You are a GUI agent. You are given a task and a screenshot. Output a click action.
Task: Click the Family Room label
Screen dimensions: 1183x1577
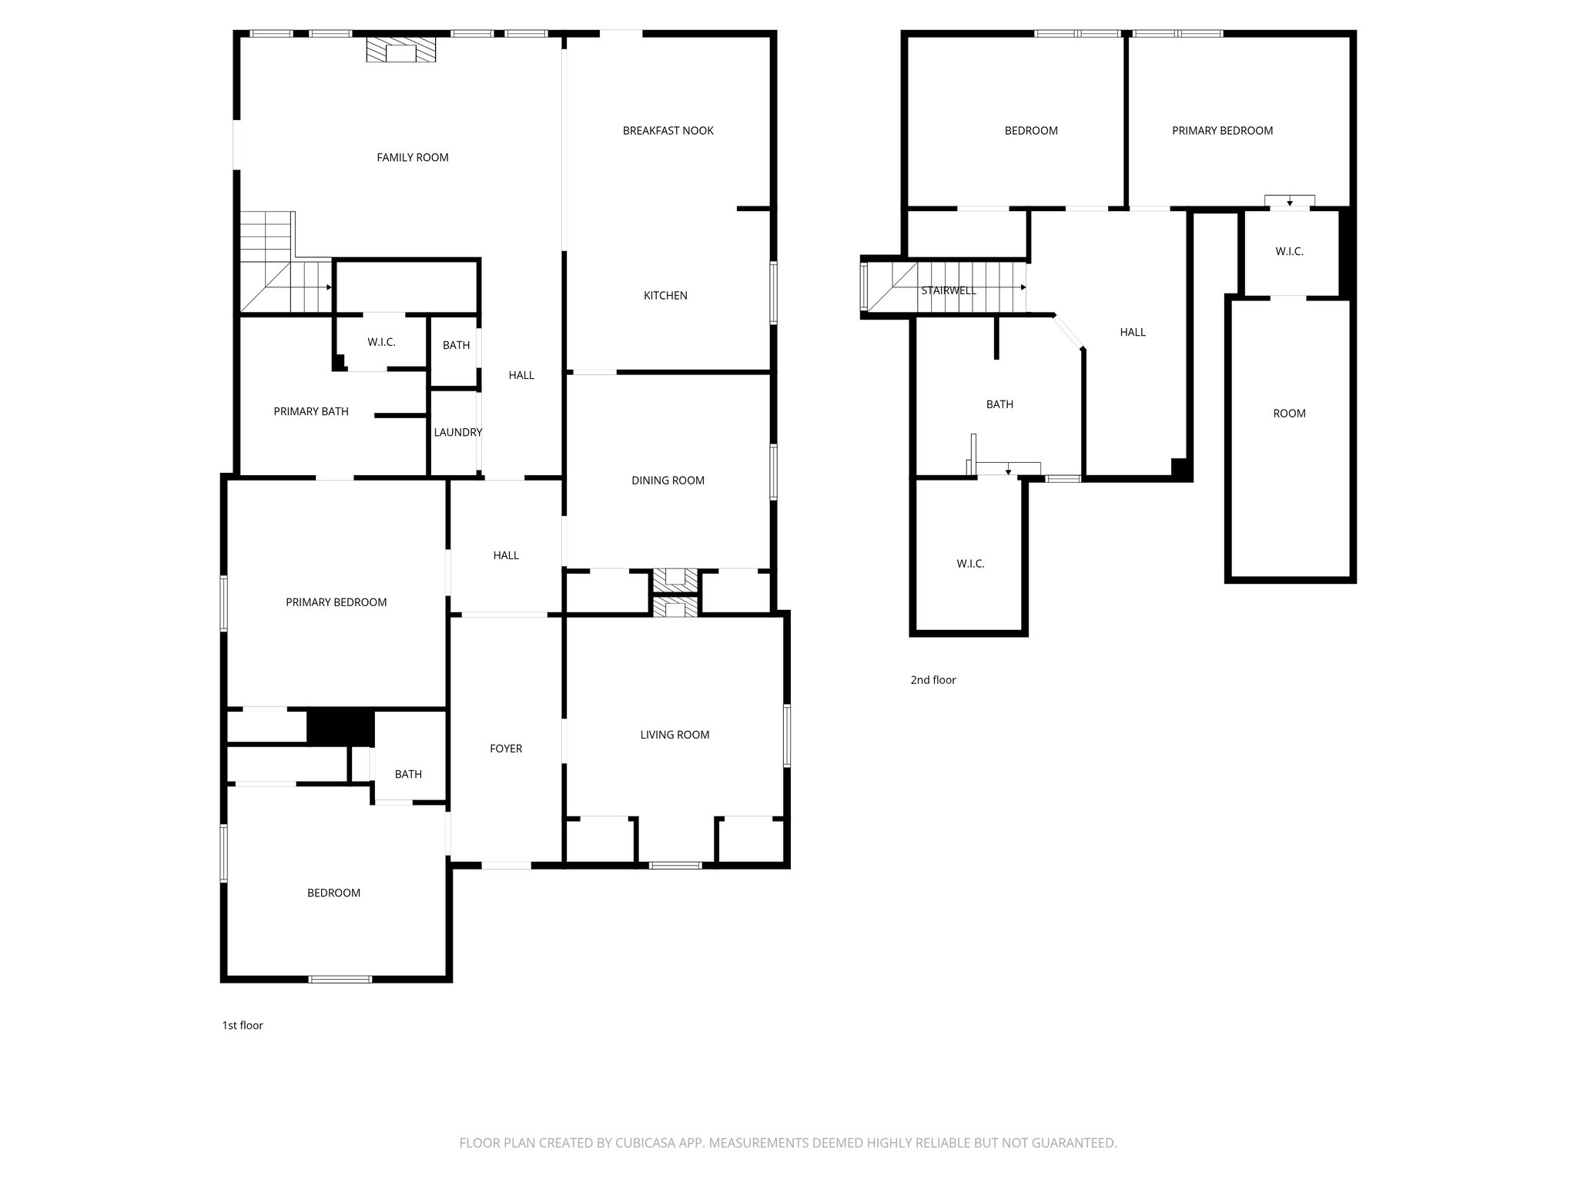click(412, 157)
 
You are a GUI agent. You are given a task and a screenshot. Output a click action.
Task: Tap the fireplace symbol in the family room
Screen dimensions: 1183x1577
click(400, 52)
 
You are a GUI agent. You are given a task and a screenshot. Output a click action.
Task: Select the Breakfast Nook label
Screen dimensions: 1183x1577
click(668, 131)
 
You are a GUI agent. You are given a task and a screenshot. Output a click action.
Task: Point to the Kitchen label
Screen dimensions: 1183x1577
click(665, 296)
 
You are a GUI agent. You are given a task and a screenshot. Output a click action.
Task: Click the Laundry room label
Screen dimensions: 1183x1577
click(457, 433)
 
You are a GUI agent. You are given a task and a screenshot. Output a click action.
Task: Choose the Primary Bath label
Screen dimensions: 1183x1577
click(311, 412)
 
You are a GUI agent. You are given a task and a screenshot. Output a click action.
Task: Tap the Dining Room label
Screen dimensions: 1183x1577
click(668, 481)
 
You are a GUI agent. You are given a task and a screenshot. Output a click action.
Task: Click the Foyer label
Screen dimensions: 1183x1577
click(506, 749)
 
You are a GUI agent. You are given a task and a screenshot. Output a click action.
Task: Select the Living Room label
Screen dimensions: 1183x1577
click(675, 735)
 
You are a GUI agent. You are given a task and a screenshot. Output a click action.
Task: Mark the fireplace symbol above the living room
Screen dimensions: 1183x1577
click(675, 608)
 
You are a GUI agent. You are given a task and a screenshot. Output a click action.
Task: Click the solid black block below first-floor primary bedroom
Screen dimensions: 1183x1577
click(340, 727)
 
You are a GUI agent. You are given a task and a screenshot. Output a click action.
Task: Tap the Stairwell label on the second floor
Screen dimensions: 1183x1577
click(949, 290)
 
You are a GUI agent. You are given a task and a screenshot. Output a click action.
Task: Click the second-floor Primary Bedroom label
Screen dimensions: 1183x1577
click(1222, 131)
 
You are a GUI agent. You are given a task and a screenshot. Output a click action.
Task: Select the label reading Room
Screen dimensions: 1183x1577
click(1289, 414)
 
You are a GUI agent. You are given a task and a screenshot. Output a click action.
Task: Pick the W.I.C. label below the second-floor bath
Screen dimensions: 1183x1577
click(970, 564)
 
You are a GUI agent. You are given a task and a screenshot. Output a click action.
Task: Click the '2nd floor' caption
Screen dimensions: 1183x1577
click(933, 680)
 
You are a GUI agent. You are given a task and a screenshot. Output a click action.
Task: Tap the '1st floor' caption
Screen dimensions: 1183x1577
click(243, 1025)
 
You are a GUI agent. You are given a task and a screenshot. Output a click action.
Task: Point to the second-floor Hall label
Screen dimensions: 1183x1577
click(1132, 333)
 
